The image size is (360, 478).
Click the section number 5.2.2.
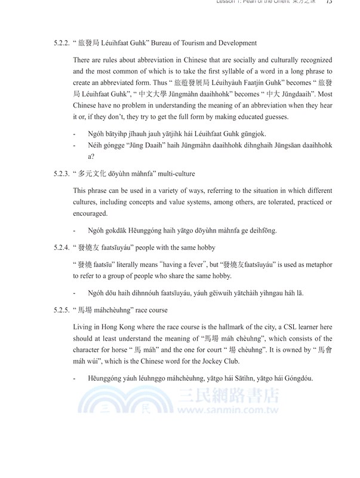tap(62, 43)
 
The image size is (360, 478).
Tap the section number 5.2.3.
tap(62, 174)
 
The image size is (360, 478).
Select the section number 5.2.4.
tap(62, 247)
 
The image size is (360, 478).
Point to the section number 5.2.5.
tap(62, 310)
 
